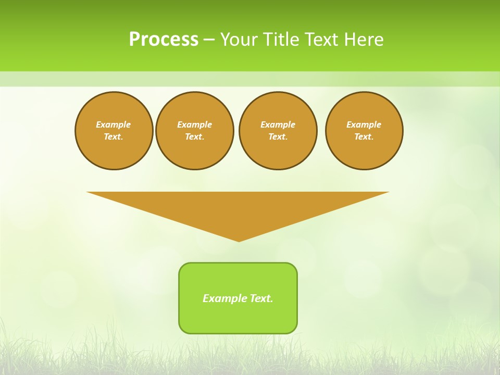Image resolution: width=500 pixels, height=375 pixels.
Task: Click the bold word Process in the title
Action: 164,39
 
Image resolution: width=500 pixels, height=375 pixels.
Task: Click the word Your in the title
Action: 239,39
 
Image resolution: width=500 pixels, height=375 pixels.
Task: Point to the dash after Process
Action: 209,40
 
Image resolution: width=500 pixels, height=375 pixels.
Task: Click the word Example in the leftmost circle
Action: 114,124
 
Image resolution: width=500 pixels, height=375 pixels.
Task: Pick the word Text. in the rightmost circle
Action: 364,136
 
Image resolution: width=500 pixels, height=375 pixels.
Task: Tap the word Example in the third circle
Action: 278,124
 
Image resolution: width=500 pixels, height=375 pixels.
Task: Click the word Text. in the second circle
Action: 195,136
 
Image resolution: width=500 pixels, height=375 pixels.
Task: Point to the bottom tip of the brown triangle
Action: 239,240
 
